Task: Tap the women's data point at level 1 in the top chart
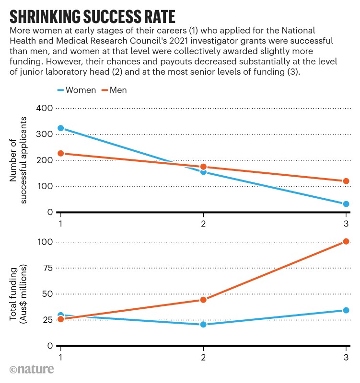tap(61, 128)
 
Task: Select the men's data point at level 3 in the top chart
tap(346, 181)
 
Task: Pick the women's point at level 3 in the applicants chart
tap(346, 204)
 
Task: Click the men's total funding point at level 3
tap(346, 241)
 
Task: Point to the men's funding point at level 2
tap(203, 300)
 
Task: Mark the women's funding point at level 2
tap(203, 325)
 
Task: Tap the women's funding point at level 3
tap(346, 310)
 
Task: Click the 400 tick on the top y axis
tap(45, 108)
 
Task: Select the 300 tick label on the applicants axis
tap(45, 135)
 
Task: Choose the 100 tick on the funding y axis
tap(45, 242)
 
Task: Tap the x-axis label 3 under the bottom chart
tap(346, 357)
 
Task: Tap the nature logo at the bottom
tap(31, 369)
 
